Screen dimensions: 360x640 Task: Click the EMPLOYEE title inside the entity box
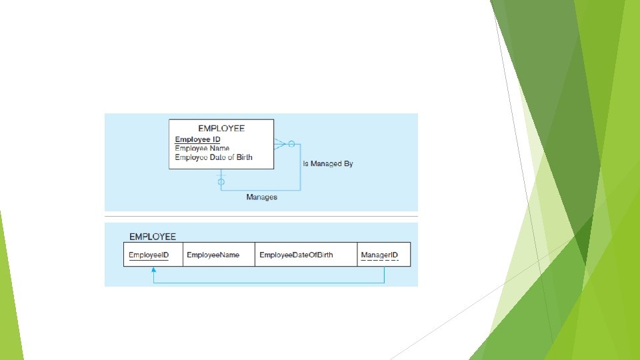pyautogui.click(x=221, y=128)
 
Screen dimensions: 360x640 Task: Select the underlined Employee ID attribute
pyautogui.click(x=197, y=139)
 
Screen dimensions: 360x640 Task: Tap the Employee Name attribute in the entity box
pyautogui.click(x=202, y=148)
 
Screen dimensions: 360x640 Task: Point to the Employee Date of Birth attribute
pyautogui.click(x=213, y=157)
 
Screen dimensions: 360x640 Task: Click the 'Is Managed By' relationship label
pyautogui.click(x=328, y=163)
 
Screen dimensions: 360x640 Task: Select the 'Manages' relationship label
pyautogui.click(x=261, y=197)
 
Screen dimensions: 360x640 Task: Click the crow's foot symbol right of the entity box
pyautogui.click(x=280, y=143)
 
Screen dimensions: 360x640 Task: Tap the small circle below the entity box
pyautogui.click(x=221, y=181)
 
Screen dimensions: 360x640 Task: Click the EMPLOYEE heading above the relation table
pyautogui.click(x=153, y=236)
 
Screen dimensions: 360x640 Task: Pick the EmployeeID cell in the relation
pyautogui.click(x=149, y=255)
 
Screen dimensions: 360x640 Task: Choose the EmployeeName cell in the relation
pyautogui.click(x=213, y=255)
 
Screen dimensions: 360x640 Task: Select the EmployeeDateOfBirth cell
pyautogui.click(x=296, y=255)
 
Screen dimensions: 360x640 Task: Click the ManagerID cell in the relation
pyautogui.click(x=379, y=255)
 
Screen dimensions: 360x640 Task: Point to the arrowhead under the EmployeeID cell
pyautogui.click(x=153, y=270)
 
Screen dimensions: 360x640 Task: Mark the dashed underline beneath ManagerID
pyautogui.click(x=379, y=261)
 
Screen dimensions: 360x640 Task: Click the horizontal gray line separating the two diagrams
pyautogui.click(x=261, y=217)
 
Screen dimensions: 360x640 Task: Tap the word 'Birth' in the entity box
pyautogui.click(x=243, y=157)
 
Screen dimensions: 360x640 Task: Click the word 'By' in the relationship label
pyautogui.click(x=347, y=163)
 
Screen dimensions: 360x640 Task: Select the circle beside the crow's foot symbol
pyautogui.click(x=291, y=143)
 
